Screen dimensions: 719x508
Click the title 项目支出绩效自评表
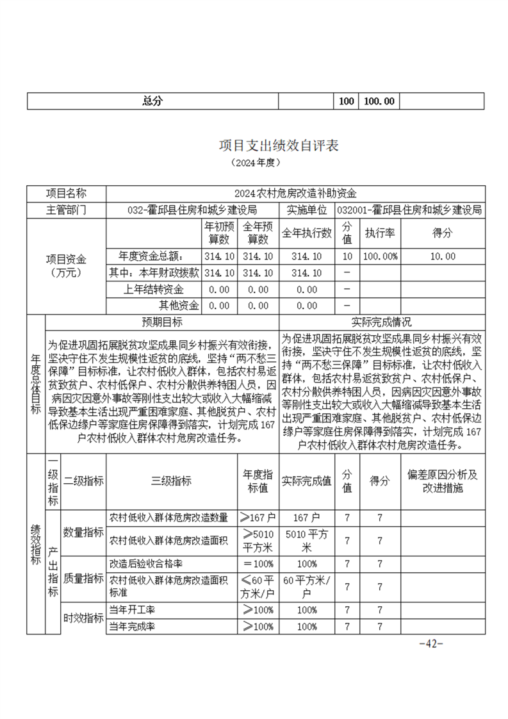(279, 145)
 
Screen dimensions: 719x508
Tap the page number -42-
(430, 643)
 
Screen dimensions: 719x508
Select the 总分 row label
(152, 101)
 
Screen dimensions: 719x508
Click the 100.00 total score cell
(379, 101)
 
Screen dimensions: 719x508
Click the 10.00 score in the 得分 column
(443, 256)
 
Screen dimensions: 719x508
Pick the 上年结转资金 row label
(154, 290)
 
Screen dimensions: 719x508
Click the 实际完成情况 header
(382, 322)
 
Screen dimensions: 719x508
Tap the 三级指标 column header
(171, 481)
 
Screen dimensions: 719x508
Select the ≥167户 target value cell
(258, 517)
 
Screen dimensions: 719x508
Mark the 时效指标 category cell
(83, 618)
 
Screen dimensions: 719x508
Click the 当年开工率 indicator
(133, 609)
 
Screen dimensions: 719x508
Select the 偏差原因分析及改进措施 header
(442, 481)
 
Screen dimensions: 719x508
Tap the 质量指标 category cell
(83, 578)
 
